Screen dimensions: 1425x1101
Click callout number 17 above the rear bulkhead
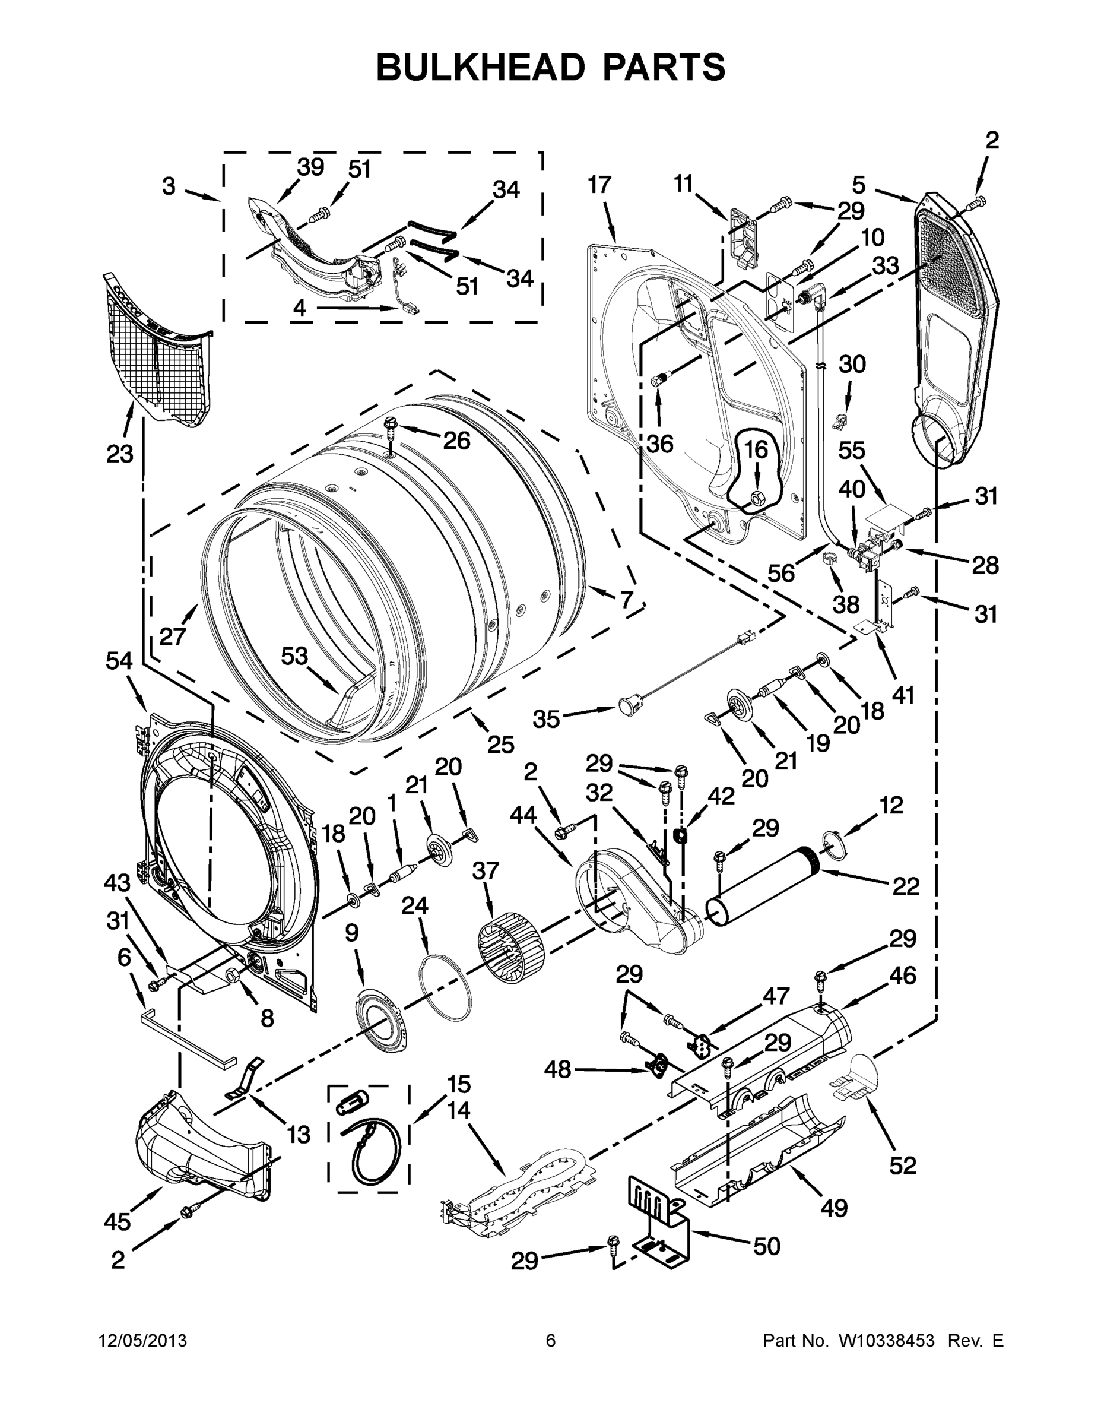pos(599,185)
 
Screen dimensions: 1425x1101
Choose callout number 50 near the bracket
pos(766,1246)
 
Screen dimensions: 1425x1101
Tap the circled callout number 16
pos(756,450)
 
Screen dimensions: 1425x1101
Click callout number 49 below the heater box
pos(833,1208)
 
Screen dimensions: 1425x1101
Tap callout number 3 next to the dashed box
pos(169,186)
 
